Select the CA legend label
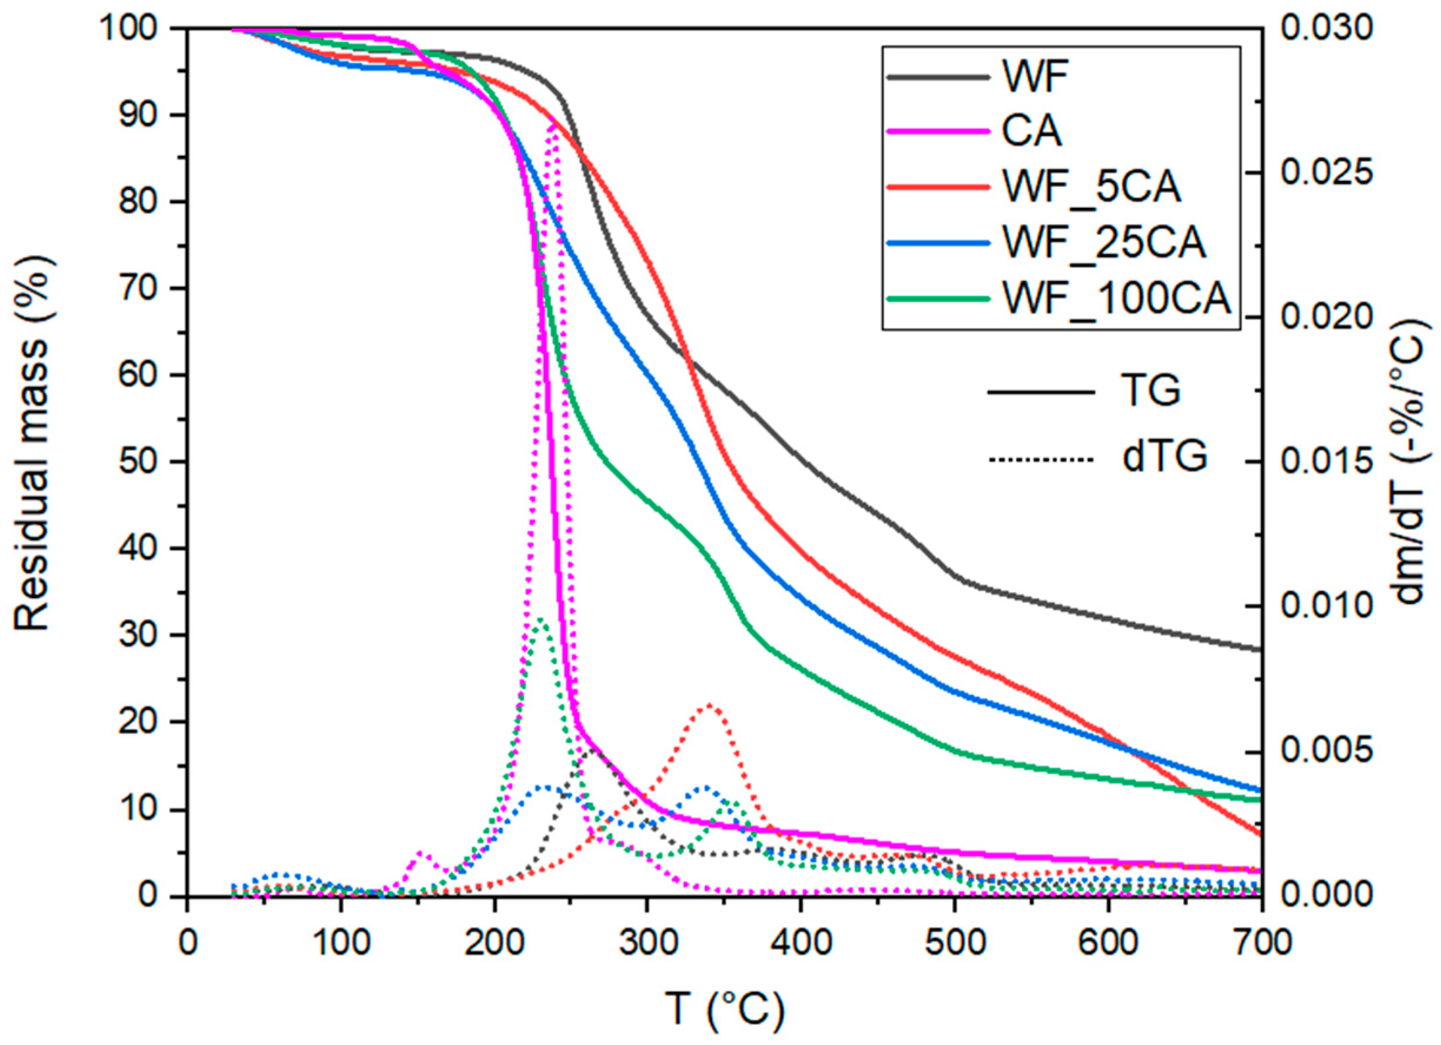coord(1031,131)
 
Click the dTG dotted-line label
coord(1164,456)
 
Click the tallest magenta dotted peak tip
coord(554,122)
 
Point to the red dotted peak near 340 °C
coord(710,704)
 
